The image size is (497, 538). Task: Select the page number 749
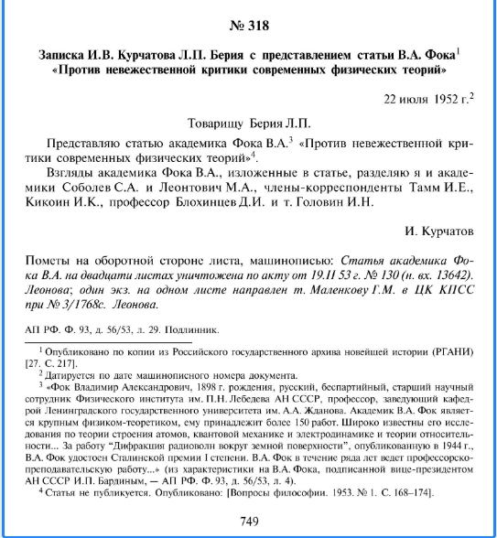[x=249, y=521]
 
